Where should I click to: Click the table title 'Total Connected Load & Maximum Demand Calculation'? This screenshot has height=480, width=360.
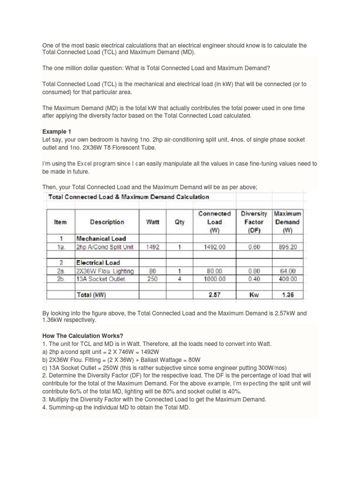129,197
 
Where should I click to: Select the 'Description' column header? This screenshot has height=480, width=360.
107,222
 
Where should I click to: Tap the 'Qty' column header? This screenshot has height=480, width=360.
180,222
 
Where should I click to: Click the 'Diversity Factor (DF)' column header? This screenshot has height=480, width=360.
254,222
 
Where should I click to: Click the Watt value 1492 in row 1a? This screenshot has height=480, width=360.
153,247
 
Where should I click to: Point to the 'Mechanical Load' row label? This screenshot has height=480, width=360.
101,239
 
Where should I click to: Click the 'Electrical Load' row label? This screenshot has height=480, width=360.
98,263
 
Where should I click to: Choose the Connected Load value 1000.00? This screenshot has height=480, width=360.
216,278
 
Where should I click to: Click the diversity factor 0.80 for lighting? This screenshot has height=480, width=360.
254,271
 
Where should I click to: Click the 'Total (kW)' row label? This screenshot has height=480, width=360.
91,295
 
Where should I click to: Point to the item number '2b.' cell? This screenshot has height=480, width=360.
61,278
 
